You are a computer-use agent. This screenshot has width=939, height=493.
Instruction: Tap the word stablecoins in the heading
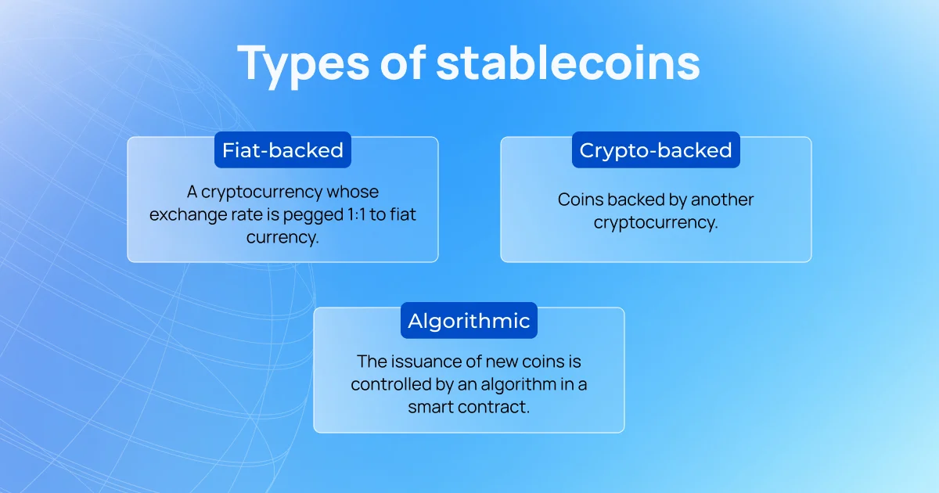click(568, 62)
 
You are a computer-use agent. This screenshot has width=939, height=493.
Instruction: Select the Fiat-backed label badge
click(283, 150)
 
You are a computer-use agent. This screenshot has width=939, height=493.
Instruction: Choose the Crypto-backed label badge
click(656, 150)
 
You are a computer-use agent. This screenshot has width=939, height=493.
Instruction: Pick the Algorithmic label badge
click(469, 321)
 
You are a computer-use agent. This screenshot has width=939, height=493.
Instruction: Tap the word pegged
click(313, 215)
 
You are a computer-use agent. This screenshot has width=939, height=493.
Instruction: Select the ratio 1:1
click(356, 214)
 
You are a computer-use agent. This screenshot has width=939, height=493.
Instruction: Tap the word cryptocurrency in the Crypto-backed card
click(656, 222)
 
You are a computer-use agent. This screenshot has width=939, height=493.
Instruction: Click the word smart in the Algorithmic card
click(430, 407)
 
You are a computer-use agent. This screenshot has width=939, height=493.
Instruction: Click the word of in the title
click(403, 62)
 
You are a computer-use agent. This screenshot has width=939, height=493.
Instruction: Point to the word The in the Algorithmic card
click(372, 362)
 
